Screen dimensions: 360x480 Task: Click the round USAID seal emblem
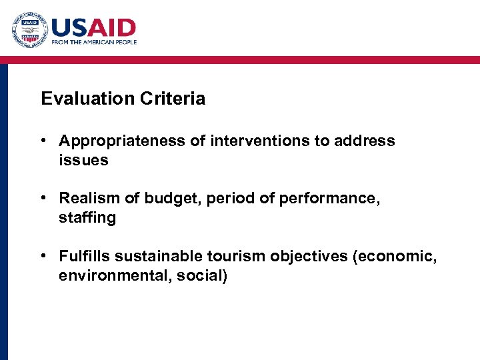pyautogui.click(x=29, y=30)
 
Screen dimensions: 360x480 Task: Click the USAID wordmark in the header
pyautogui.click(x=94, y=27)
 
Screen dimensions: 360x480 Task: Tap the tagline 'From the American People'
pyautogui.click(x=94, y=42)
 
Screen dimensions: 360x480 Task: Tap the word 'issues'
pyautogui.click(x=83, y=161)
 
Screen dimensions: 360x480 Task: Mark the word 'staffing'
pyautogui.click(x=87, y=218)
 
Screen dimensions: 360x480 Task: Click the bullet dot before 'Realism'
pyautogui.click(x=43, y=198)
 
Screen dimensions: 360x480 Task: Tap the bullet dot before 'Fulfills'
pyautogui.click(x=43, y=256)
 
